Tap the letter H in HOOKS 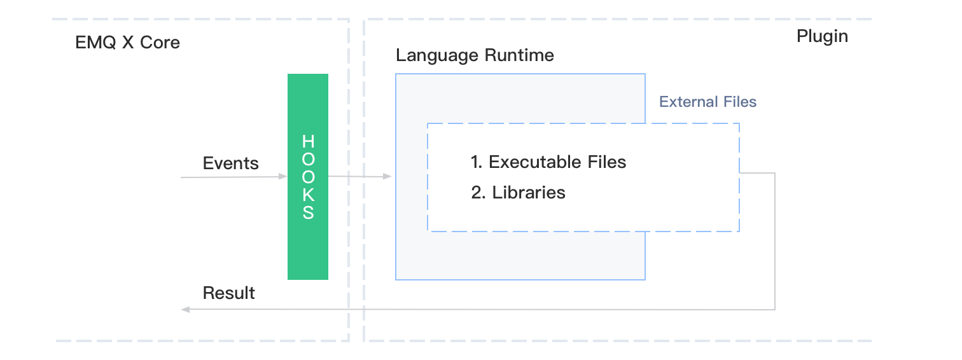tap(308, 141)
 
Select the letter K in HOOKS tap(308, 195)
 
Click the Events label tap(230, 163)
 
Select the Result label tap(228, 293)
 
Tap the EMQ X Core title tap(127, 43)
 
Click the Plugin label tap(822, 36)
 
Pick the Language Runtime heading tap(475, 55)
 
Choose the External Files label tap(708, 102)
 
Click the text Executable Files tap(557, 162)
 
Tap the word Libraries tap(529, 192)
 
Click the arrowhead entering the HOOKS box tap(283, 177)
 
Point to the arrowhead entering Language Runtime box tap(388, 177)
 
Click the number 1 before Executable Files tap(476, 162)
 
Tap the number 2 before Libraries tap(477, 192)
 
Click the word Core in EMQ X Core tap(160, 43)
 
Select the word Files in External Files tap(739, 102)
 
